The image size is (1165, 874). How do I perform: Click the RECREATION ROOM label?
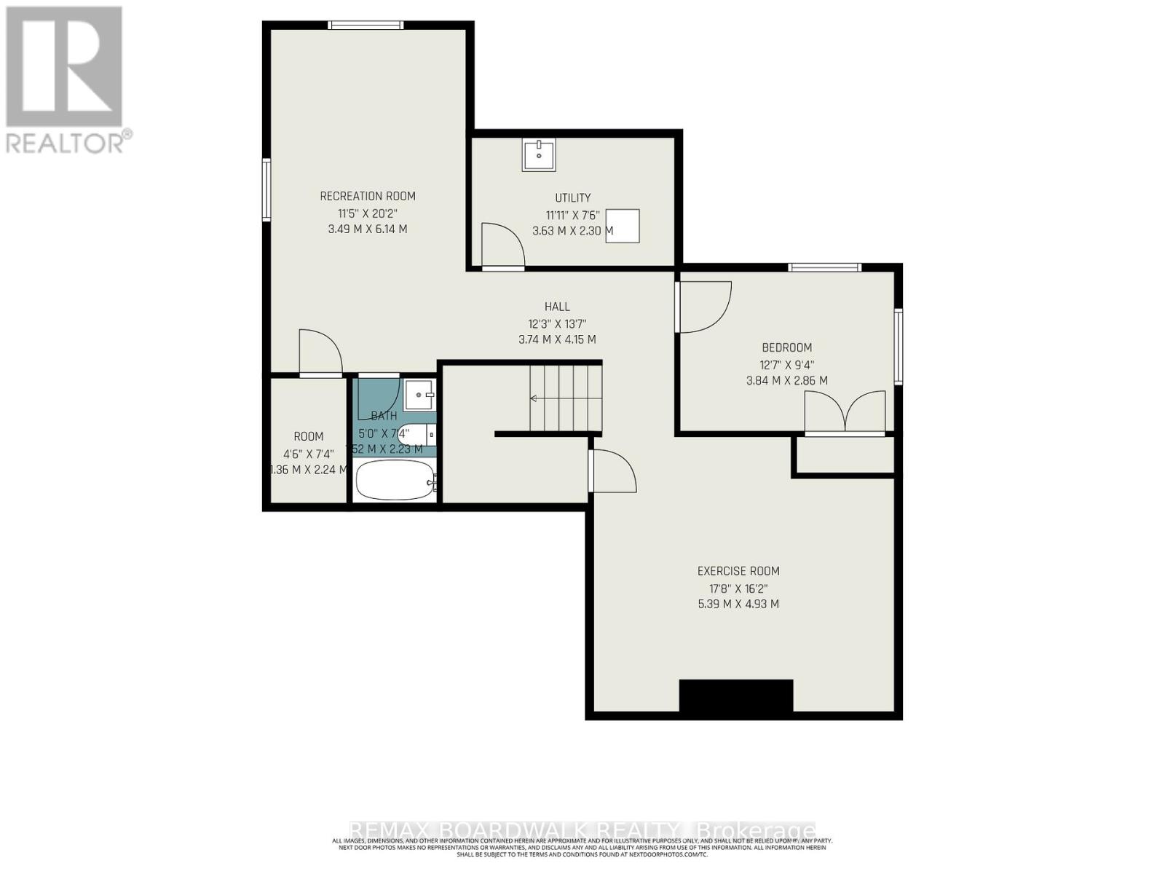click(368, 196)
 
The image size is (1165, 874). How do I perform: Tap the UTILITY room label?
click(573, 198)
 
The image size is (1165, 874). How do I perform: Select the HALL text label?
click(557, 307)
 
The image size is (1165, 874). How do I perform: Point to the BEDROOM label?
click(786, 347)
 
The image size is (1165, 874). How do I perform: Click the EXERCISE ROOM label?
click(738, 571)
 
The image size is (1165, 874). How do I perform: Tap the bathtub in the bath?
click(394, 480)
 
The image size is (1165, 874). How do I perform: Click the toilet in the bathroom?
click(416, 435)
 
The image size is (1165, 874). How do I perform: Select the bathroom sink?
click(419, 395)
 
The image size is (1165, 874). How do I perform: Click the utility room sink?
click(539, 154)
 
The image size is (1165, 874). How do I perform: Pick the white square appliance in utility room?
click(623, 226)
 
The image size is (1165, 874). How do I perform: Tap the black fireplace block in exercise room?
click(735, 696)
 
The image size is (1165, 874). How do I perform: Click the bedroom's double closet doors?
click(845, 413)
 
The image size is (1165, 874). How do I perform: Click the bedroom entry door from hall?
click(703, 306)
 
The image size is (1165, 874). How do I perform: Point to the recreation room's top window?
click(366, 25)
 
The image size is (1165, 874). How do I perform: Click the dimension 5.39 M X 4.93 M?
click(738, 604)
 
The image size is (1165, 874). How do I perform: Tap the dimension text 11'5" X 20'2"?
click(368, 213)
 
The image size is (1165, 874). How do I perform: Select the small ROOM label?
click(309, 436)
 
